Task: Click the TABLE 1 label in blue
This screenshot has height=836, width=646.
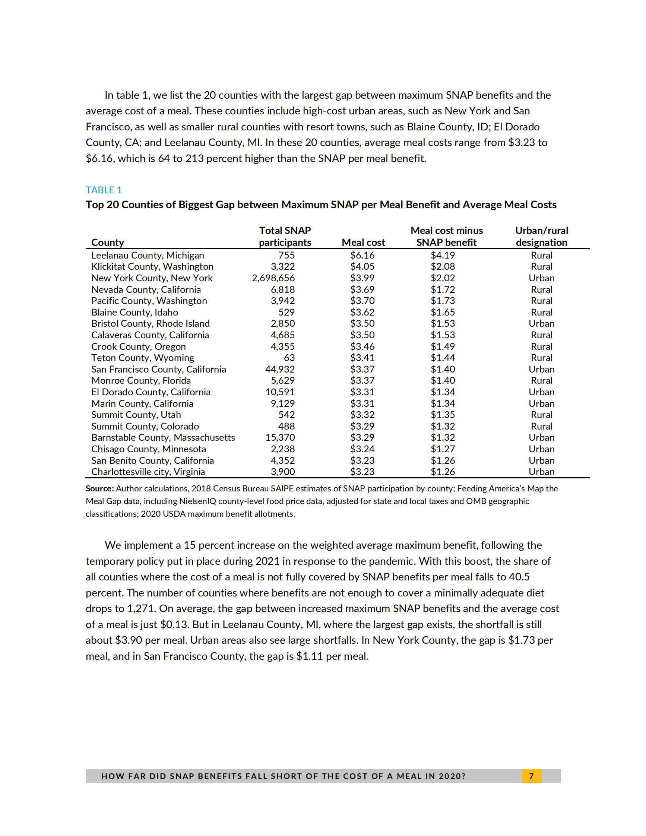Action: point(103,190)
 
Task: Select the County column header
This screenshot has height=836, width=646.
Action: point(108,242)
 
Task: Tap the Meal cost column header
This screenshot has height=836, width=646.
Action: point(363,242)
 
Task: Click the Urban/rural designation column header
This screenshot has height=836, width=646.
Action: point(541,236)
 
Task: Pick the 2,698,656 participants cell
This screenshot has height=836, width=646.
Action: point(273,278)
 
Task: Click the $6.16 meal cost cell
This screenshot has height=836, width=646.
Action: point(362,255)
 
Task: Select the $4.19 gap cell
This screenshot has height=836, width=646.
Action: point(443,255)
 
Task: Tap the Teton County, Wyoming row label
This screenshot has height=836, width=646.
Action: point(142,358)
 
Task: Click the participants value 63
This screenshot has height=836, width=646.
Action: point(289,358)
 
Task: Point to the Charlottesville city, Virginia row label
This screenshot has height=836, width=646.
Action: point(148,472)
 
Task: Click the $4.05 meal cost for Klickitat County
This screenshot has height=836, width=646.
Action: point(362,266)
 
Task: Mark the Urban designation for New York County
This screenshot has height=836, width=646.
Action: point(541,278)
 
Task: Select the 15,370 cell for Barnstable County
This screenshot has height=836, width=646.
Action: point(280,437)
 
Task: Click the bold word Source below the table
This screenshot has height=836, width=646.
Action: point(99,488)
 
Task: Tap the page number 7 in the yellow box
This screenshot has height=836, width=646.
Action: point(531,776)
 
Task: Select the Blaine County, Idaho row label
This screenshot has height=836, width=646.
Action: point(134,312)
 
